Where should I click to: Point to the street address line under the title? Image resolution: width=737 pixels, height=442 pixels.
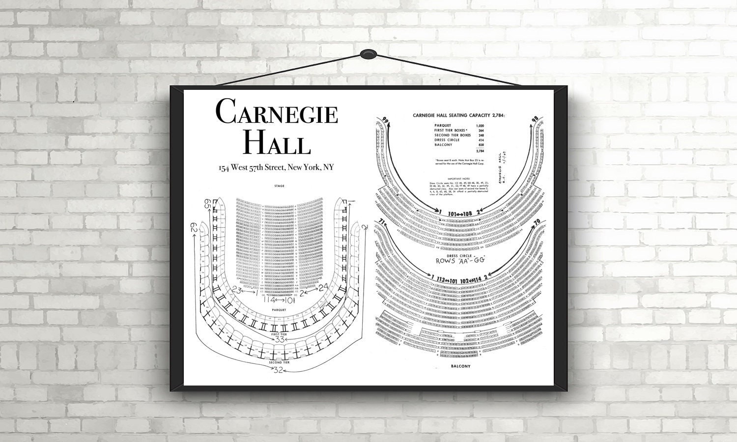click(x=277, y=168)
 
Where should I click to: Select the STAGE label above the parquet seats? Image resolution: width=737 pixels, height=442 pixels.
click(x=280, y=187)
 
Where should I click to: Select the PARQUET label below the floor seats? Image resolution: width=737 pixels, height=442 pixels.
click(x=280, y=310)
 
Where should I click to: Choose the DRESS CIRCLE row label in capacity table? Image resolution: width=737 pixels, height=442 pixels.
click(x=447, y=140)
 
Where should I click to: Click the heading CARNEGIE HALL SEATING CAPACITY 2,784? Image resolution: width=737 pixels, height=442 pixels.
click(x=459, y=115)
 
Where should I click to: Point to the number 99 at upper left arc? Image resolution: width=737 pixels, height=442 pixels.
click(x=385, y=121)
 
